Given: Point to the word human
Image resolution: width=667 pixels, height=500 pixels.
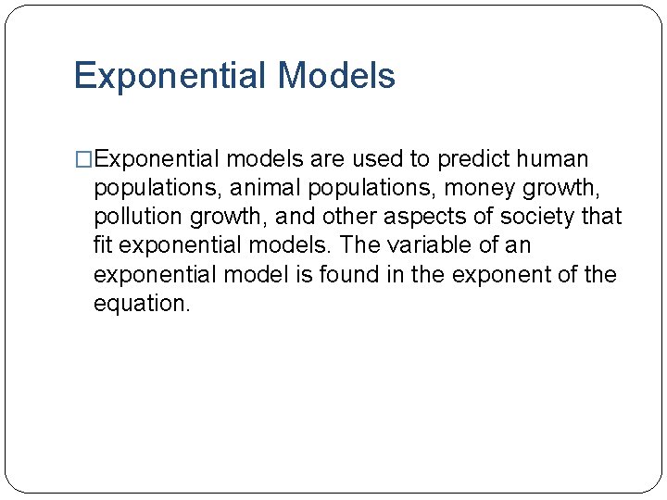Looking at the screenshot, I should tap(554, 159).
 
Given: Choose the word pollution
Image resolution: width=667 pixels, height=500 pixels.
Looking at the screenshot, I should tap(133, 218).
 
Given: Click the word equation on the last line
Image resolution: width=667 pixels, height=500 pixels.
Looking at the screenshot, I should tap(141, 304).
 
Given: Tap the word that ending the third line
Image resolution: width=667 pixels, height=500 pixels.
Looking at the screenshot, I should tap(602, 218).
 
